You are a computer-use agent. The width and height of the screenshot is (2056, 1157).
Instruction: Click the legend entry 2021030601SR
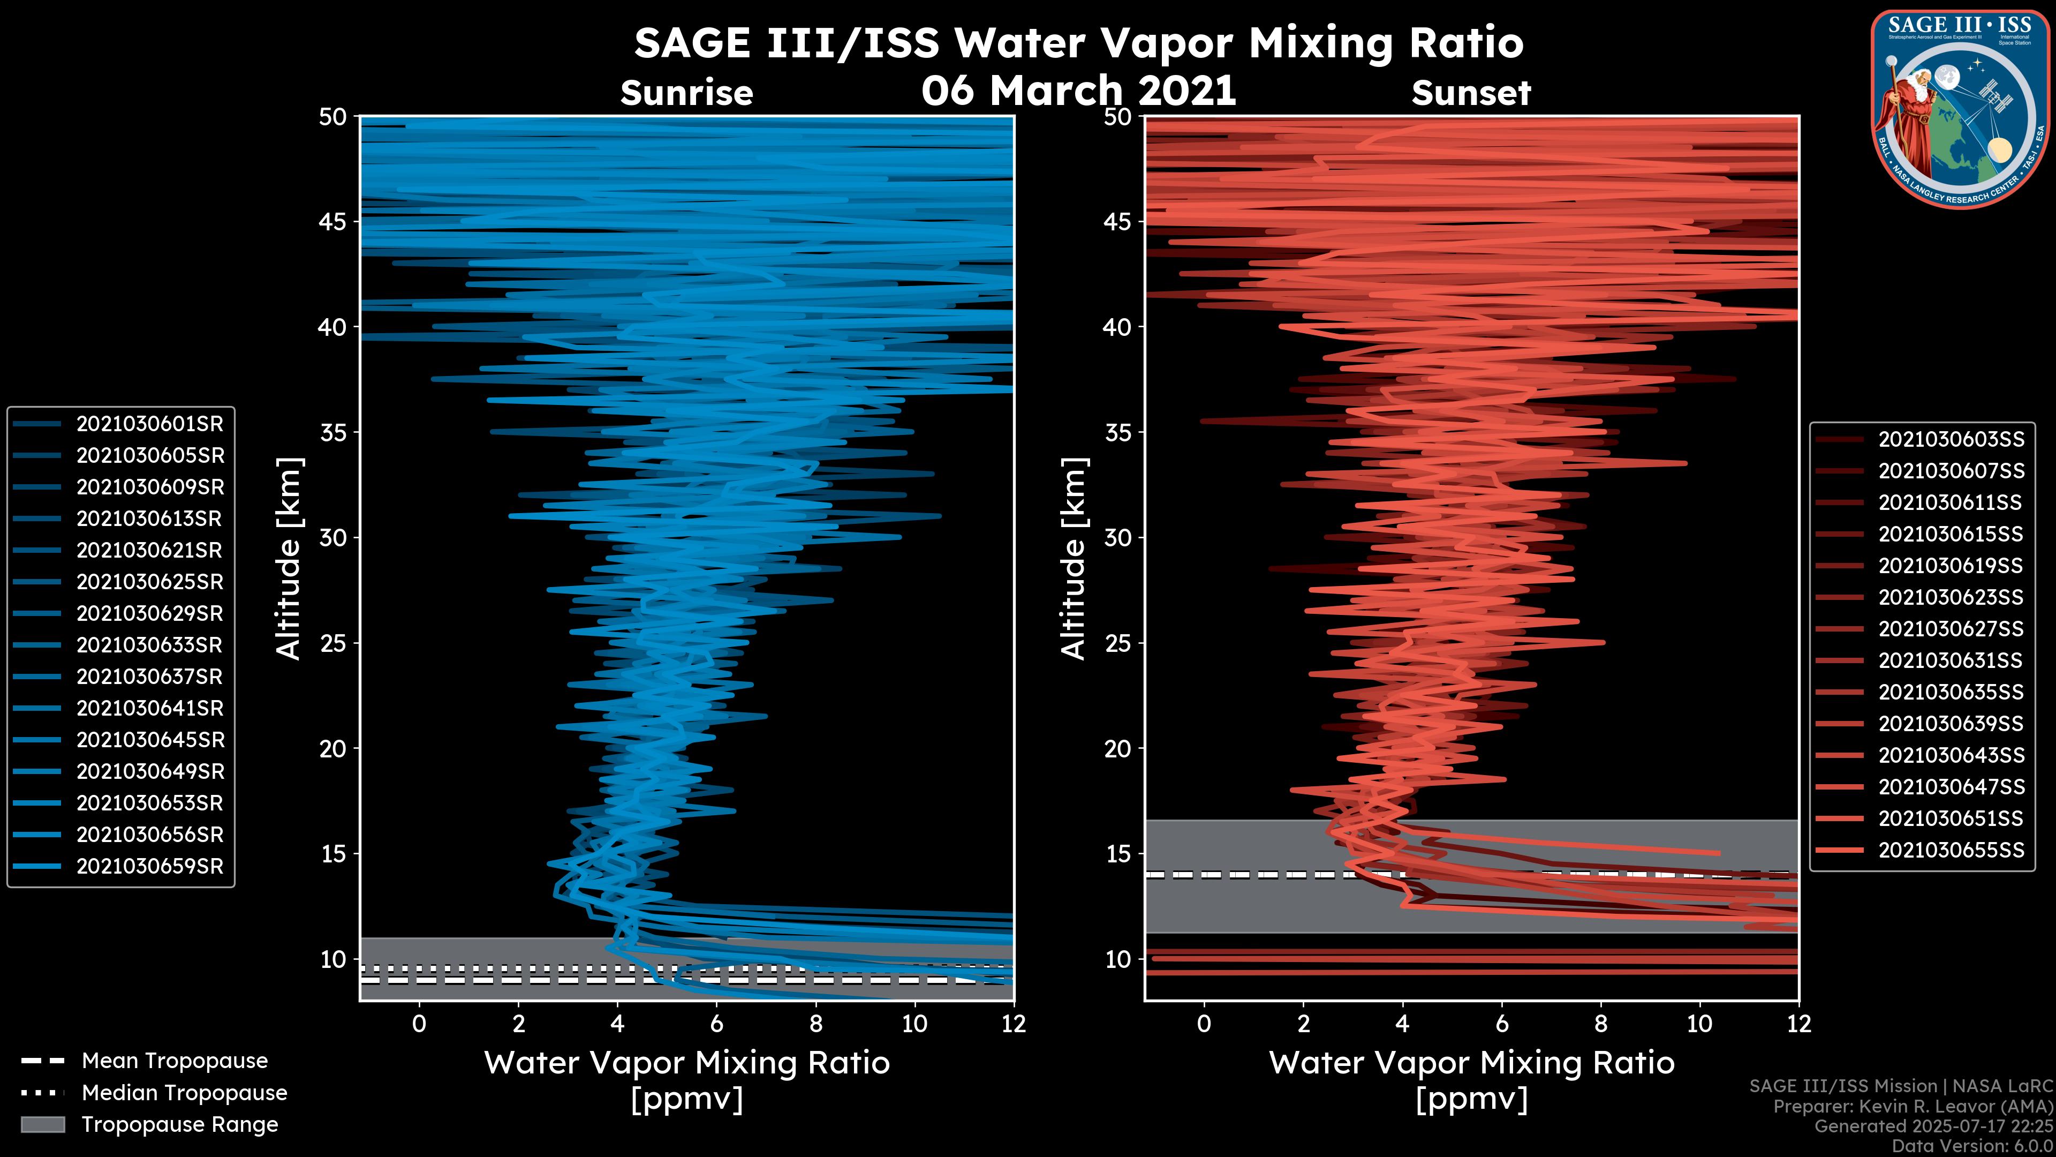(x=149, y=424)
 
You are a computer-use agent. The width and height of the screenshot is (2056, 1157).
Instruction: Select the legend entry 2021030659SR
(x=149, y=866)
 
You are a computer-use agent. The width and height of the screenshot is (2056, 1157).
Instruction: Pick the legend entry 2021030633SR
(x=149, y=645)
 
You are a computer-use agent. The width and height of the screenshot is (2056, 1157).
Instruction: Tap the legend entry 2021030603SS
(x=1951, y=439)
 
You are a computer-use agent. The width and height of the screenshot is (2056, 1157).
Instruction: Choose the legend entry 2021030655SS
(x=1951, y=851)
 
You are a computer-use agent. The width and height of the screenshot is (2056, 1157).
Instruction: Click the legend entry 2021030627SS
(x=1951, y=629)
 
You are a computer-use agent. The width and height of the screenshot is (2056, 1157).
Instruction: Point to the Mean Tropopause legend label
(x=174, y=1061)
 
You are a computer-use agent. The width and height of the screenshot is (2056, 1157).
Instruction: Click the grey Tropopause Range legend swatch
(x=42, y=1124)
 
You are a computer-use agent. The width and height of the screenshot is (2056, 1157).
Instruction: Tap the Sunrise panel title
(x=686, y=93)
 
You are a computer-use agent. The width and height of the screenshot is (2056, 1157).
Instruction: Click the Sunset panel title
(x=1471, y=93)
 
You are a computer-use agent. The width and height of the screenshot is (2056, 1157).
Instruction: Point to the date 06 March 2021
(x=1078, y=90)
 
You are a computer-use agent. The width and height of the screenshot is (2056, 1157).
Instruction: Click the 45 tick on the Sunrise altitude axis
(x=333, y=221)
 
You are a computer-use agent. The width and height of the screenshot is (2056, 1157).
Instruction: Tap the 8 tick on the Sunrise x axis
(x=815, y=1024)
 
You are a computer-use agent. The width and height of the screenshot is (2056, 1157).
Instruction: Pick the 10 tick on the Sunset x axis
(x=1699, y=1024)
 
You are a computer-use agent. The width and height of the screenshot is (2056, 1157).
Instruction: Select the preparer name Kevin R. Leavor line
(x=1913, y=1107)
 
